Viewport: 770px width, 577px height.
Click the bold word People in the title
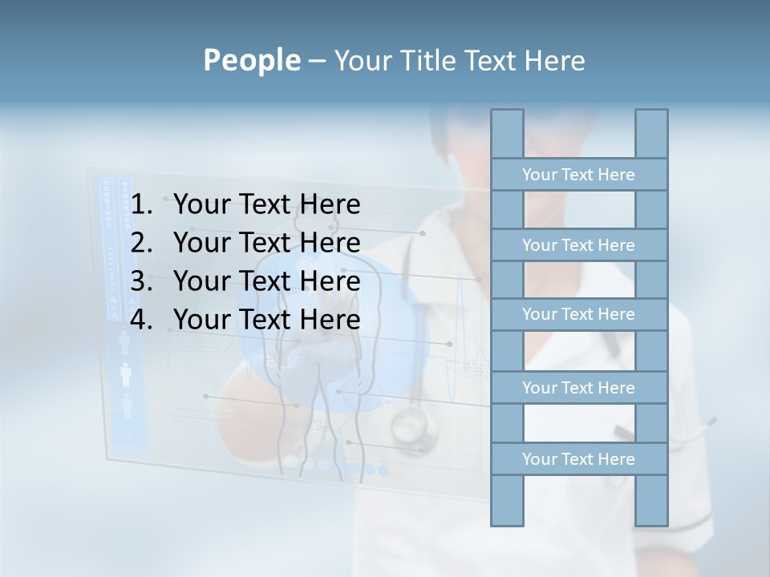click(x=250, y=60)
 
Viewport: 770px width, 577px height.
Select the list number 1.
click(x=141, y=205)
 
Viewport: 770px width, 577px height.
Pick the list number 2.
click(x=141, y=243)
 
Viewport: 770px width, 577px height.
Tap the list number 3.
click(x=141, y=281)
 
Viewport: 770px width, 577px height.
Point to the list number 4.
click(x=141, y=320)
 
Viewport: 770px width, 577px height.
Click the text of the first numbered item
click(x=266, y=205)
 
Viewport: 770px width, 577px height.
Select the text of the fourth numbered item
click(x=266, y=320)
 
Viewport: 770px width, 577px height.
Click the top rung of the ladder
click(x=578, y=175)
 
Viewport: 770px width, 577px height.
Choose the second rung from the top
click(x=578, y=245)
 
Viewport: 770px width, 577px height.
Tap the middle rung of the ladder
click(x=578, y=315)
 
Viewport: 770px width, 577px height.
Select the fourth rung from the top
click(x=578, y=388)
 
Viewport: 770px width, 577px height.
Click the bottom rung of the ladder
click(x=578, y=459)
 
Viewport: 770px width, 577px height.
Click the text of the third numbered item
click(x=266, y=281)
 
